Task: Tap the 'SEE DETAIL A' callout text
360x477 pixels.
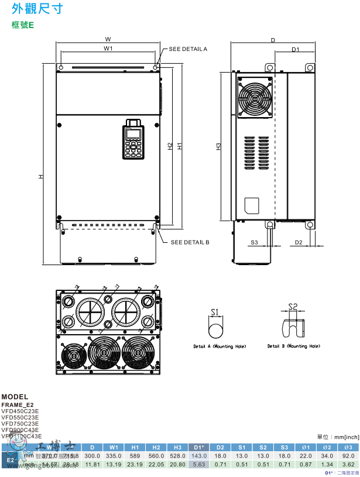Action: point(188,49)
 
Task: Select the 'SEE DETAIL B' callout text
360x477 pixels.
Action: point(190,242)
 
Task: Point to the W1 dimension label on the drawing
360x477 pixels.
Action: point(108,49)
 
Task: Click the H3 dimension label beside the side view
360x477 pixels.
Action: point(218,146)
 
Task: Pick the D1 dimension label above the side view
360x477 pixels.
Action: point(295,50)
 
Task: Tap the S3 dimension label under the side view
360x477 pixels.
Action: point(254,242)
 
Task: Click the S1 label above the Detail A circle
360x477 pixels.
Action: point(214,312)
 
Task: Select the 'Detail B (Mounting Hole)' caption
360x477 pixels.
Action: point(294,346)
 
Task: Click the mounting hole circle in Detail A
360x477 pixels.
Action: point(215,331)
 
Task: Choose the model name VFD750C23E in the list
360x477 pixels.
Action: point(20,423)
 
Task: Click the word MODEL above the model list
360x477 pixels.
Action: point(15,397)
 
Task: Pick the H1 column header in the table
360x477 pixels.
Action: point(135,447)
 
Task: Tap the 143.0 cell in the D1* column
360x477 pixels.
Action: point(199,455)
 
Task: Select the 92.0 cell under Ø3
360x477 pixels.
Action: point(348,455)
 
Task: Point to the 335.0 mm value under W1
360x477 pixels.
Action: point(114,455)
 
